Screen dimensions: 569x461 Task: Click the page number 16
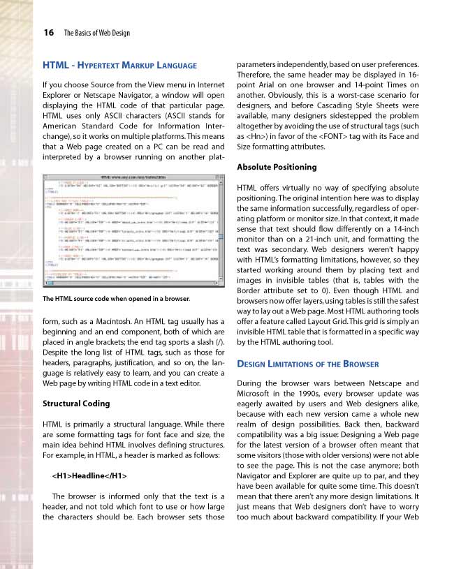pos(49,32)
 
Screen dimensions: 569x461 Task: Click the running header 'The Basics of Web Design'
pos(96,33)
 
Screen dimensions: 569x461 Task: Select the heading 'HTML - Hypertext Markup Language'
pos(119,66)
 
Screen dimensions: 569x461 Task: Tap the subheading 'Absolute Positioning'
pos(277,167)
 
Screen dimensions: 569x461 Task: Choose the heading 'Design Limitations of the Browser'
pos(308,364)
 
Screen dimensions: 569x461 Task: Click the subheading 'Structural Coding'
pos(77,404)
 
